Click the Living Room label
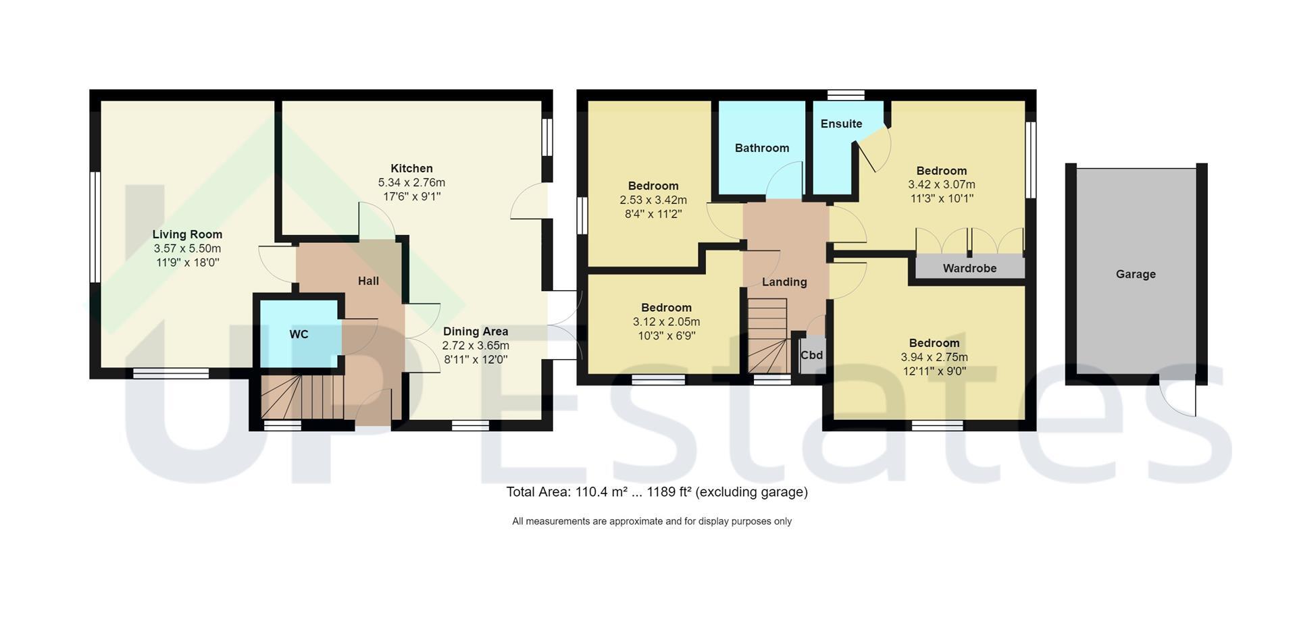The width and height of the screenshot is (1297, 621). click(187, 234)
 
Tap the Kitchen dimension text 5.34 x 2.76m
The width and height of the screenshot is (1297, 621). click(411, 182)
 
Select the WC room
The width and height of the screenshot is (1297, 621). click(298, 333)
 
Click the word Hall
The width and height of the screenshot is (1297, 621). click(368, 281)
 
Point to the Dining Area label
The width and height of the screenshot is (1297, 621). click(476, 331)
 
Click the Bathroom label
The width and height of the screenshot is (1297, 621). click(762, 148)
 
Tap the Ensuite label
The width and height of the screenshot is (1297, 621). click(841, 124)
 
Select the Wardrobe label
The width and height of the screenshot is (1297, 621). click(969, 268)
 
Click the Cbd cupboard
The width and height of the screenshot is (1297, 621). click(812, 354)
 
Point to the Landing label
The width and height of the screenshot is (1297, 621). click(784, 281)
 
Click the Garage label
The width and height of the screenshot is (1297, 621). click(1136, 274)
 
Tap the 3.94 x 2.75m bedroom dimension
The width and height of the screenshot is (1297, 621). click(934, 357)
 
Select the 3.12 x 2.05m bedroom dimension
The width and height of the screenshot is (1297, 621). click(666, 321)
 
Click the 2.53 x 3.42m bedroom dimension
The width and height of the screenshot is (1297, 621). click(653, 200)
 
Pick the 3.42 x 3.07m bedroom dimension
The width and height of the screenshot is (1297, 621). click(942, 184)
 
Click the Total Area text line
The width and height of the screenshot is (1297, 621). click(657, 492)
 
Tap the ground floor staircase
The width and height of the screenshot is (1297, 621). click(302, 398)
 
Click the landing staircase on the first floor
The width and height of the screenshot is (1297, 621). click(768, 335)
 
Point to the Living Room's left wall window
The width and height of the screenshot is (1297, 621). click(95, 227)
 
